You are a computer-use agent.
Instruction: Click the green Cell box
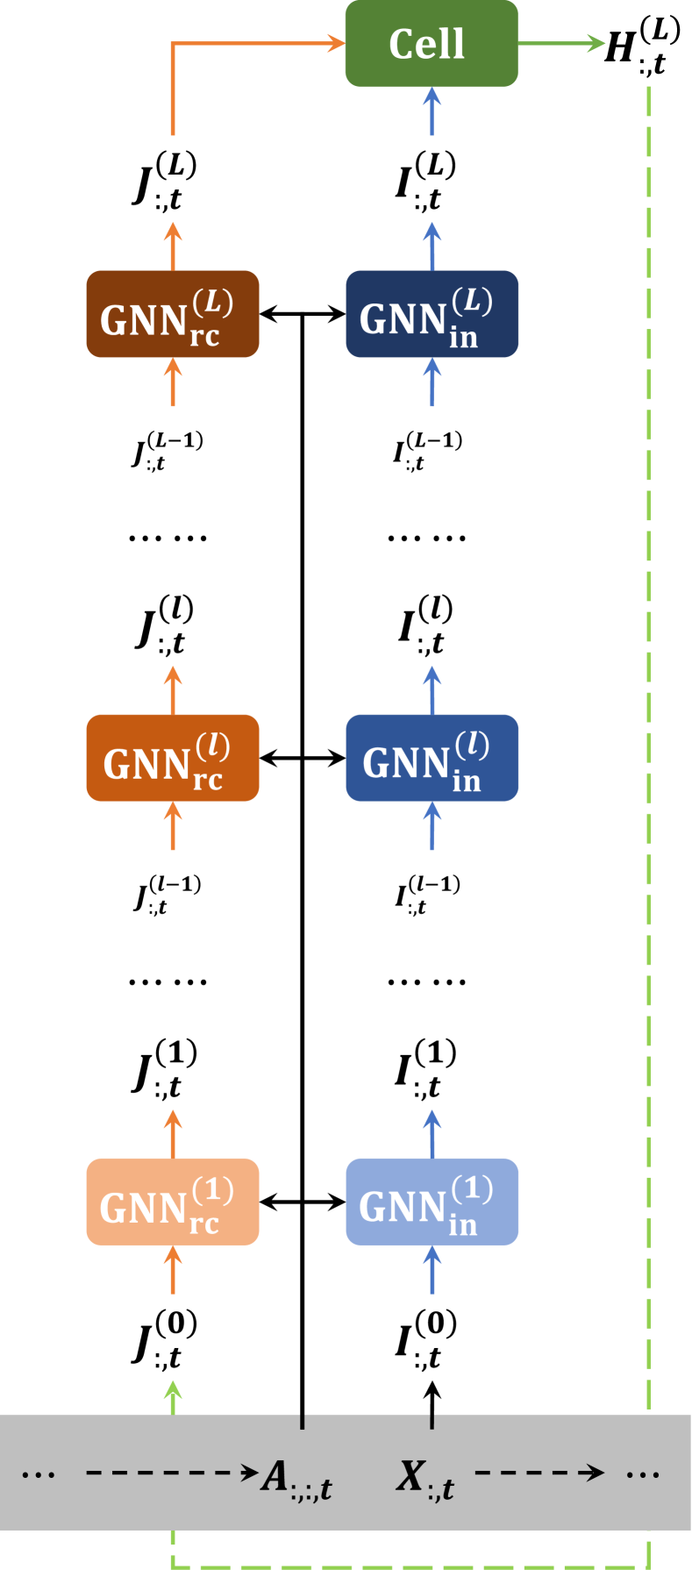[431, 44]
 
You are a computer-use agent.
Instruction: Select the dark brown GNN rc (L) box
[173, 314]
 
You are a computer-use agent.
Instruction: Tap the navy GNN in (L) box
[432, 314]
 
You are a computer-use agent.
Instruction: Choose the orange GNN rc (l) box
[173, 758]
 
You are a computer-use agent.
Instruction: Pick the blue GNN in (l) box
[432, 758]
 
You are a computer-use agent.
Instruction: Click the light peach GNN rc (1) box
[173, 1202]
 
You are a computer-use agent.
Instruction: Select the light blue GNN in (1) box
[432, 1202]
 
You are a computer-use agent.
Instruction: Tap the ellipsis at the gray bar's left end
[39, 1474]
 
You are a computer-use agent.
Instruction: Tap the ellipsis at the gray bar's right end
[642, 1474]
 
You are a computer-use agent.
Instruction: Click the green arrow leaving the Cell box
[561, 43]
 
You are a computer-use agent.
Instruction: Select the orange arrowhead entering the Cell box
[336, 43]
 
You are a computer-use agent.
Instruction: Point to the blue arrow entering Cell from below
[432, 111]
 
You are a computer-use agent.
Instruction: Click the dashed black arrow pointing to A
[172, 1473]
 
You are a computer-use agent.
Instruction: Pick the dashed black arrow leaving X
[539, 1473]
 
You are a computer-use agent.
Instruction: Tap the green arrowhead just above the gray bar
[173, 1390]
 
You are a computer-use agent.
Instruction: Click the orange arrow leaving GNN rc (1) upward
[173, 1132]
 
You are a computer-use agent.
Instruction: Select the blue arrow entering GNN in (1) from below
[432, 1269]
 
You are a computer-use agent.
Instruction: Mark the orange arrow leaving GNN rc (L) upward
[173, 245]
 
